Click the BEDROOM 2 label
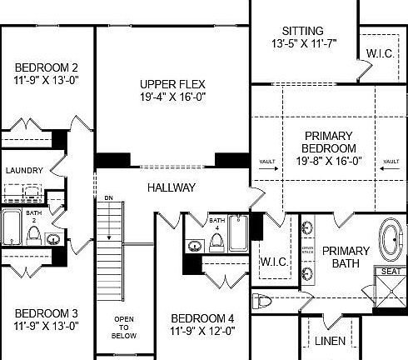tap(47, 67)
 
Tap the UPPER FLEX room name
tap(172, 84)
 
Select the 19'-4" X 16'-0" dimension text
tap(172, 97)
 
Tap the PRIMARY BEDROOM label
tap(328, 142)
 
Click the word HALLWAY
tap(172, 187)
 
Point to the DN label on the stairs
tap(108, 197)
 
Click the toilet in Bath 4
tap(216, 242)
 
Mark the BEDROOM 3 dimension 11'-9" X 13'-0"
tap(47, 326)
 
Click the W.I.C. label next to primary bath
tap(273, 262)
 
